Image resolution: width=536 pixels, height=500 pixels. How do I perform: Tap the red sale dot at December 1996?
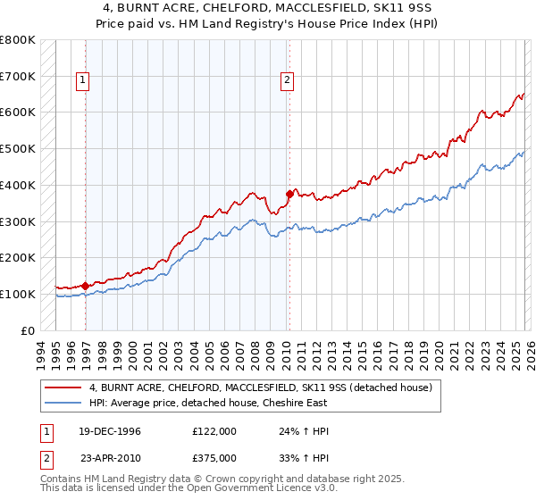coord(86,286)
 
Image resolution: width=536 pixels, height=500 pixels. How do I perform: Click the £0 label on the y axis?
coord(28,330)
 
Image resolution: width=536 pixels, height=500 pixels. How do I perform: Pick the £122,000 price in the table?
coord(214,430)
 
